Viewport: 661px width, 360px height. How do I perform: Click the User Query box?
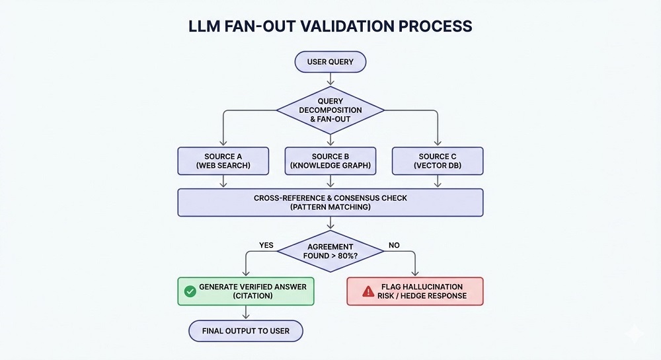(330, 63)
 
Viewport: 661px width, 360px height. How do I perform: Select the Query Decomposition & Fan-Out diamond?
(330, 110)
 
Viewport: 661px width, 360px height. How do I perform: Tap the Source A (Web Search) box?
(223, 161)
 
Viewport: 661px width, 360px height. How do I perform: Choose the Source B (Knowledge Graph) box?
(330, 161)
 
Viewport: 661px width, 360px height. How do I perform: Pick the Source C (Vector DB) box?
(437, 161)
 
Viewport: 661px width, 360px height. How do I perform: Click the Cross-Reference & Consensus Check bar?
(330, 203)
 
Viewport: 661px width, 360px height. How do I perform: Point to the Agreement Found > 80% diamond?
(330, 250)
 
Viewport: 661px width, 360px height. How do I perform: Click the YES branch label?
(266, 245)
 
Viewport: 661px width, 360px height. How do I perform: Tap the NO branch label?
(394, 245)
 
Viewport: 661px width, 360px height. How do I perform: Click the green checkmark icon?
(190, 291)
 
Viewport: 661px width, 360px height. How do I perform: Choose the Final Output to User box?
(245, 330)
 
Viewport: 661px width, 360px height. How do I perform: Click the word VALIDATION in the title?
(325, 26)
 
